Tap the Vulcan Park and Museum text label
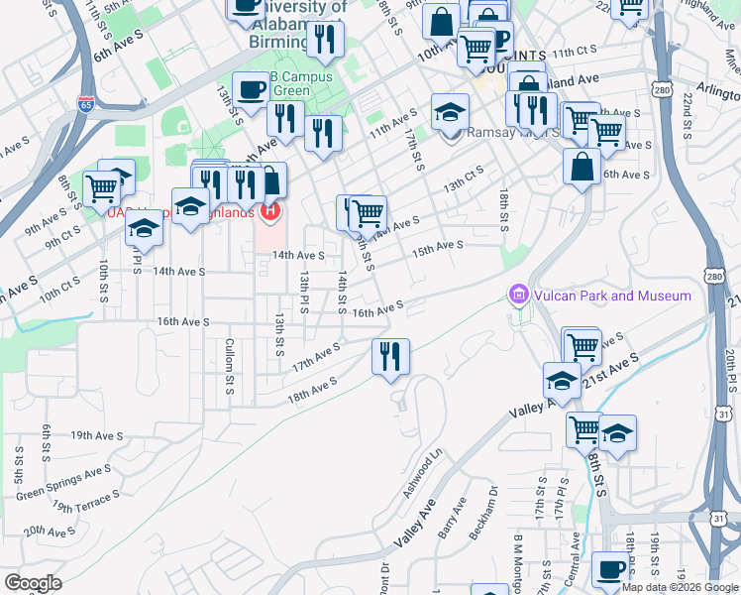pos(612,296)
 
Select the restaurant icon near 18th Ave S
pos(390,356)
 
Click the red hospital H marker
pos(270,211)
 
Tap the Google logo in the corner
pos(33,583)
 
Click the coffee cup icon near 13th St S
pos(250,89)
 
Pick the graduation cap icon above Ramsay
pos(450,111)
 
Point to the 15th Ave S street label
pos(438,247)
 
